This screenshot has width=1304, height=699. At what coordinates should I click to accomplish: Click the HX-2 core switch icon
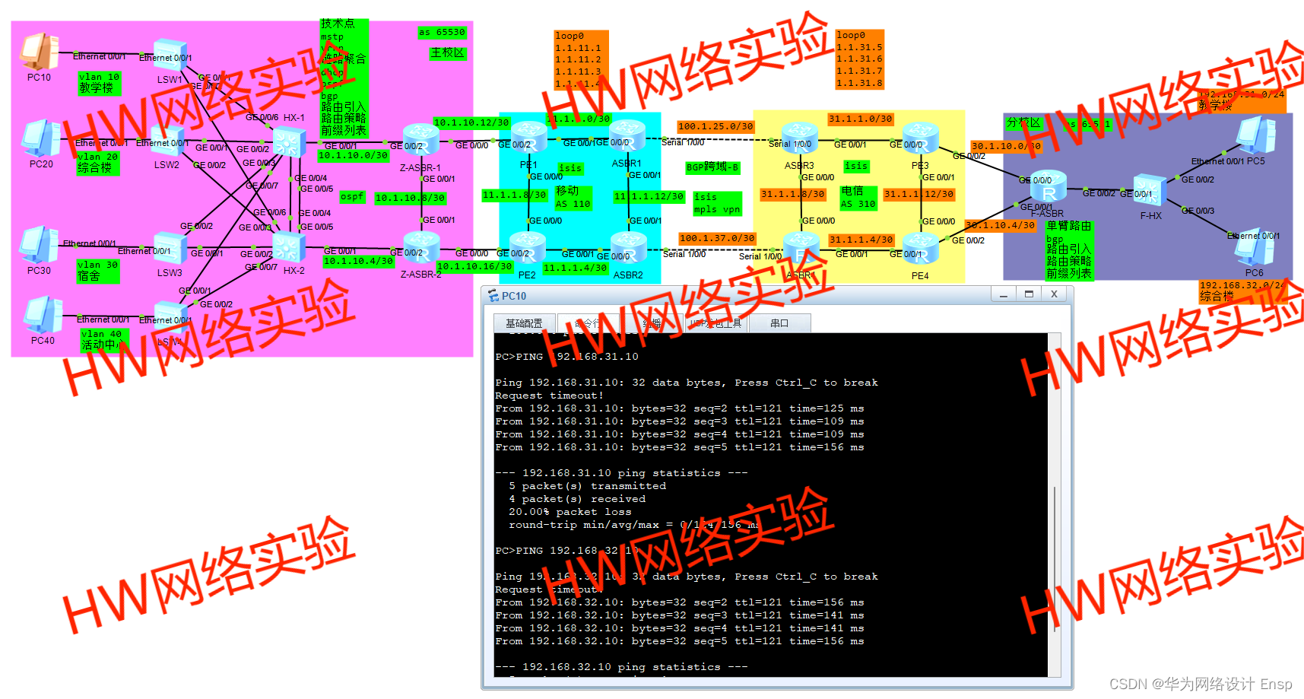[290, 247]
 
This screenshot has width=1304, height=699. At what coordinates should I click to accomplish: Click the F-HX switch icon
[1149, 190]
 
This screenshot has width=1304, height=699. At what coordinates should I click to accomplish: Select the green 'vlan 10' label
[99, 77]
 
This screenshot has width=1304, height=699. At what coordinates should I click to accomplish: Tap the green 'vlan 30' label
[99, 265]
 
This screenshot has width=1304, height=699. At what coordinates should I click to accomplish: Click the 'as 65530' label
[442, 32]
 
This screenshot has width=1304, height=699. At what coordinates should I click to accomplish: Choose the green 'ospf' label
[352, 196]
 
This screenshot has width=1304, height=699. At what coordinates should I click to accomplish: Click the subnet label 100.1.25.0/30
[715, 126]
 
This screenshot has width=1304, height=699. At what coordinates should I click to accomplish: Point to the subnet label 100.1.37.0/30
[717, 238]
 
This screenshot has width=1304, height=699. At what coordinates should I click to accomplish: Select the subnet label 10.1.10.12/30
[471, 122]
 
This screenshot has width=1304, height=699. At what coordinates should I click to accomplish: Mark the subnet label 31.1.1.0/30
[860, 119]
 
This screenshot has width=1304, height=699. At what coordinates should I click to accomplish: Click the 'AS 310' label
[858, 204]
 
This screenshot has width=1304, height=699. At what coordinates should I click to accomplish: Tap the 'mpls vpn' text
[716, 209]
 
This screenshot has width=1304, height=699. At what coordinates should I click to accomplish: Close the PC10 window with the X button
[1053, 294]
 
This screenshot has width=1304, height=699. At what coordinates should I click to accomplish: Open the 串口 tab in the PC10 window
[779, 323]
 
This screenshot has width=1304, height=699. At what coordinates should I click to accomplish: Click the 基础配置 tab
[524, 323]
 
